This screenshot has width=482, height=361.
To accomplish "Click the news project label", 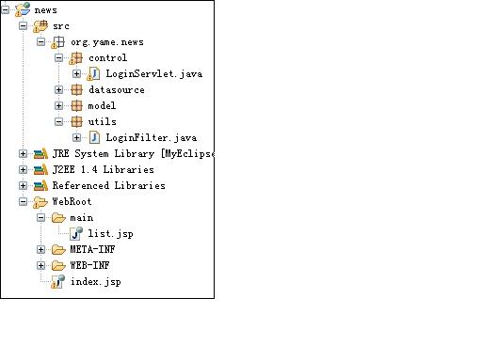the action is [x=44, y=9].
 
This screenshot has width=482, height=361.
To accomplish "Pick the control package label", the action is [x=107, y=57].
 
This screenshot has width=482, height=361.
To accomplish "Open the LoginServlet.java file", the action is [x=153, y=73].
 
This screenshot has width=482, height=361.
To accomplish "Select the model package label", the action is [x=102, y=106].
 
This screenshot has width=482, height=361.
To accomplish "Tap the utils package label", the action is [x=102, y=122].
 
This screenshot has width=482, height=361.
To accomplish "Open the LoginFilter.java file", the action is [x=151, y=138].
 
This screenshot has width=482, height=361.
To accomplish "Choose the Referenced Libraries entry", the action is [x=108, y=186].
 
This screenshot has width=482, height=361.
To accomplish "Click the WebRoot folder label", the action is [x=72, y=202].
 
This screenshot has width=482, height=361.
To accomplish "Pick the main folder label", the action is [x=81, y=218].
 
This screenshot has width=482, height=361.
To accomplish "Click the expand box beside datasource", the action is [x=58, y=90].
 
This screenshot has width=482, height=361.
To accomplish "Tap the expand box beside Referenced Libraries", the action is [x=23, y=186].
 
